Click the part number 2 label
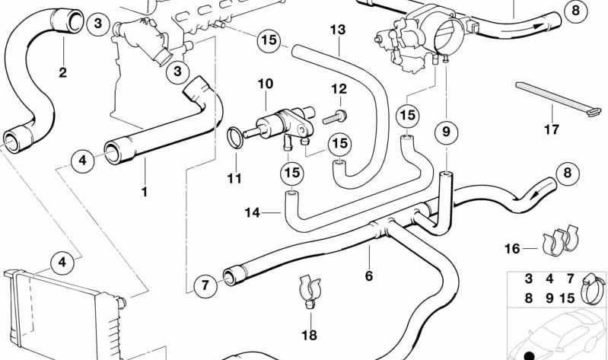63,72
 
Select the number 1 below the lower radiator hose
145,192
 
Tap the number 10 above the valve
266,84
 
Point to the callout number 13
338,30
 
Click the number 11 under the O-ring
234,178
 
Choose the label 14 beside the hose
253,212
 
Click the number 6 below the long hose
369,276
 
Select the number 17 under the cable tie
552,129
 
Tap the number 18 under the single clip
309,335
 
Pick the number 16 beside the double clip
512,248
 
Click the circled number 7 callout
205,286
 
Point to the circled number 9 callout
447,132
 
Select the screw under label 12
334,116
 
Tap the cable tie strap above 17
552,99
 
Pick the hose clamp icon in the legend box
593,288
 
